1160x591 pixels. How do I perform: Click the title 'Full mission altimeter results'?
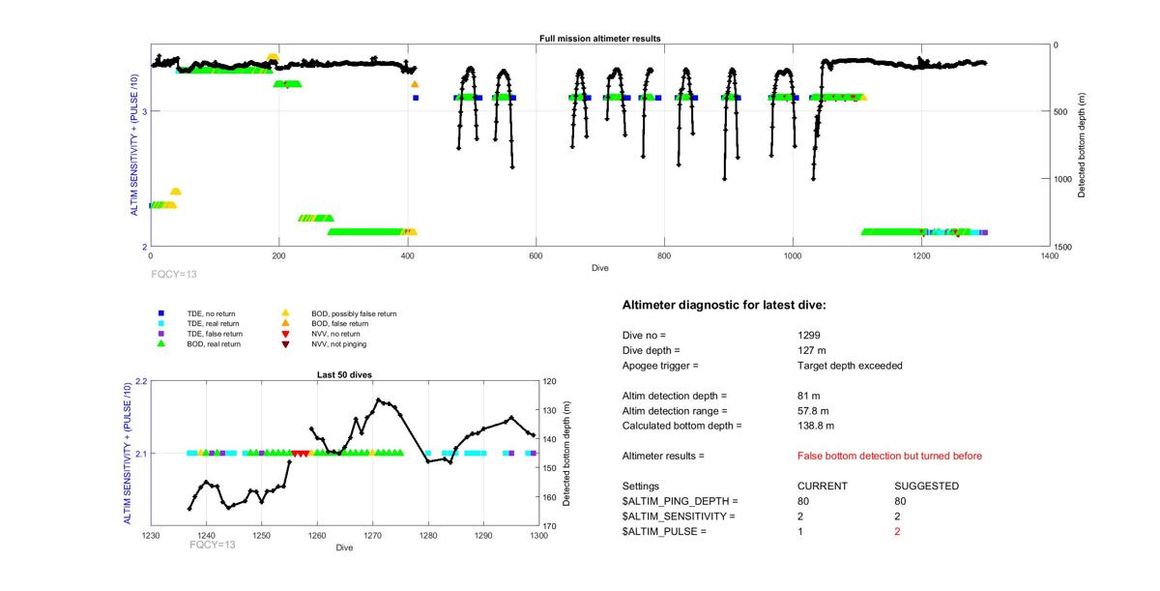pos(599,39)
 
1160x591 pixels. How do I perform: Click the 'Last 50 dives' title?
pos(345,374)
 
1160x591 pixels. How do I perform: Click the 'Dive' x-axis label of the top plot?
pos(599,268)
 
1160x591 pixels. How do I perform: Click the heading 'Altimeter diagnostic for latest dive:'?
pos(724,306)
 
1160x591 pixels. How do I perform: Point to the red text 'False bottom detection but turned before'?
pos(889,456)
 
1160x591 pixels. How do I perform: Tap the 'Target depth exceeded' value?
pos(843,366)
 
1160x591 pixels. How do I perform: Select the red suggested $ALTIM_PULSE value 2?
pos(897,532)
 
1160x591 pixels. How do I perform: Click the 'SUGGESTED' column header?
pos(926,486)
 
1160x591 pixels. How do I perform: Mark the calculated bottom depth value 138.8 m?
pos(815,426)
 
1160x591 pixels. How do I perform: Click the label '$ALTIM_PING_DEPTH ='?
pos(680,501)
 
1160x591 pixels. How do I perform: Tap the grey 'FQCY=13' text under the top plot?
pos(174,275)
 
